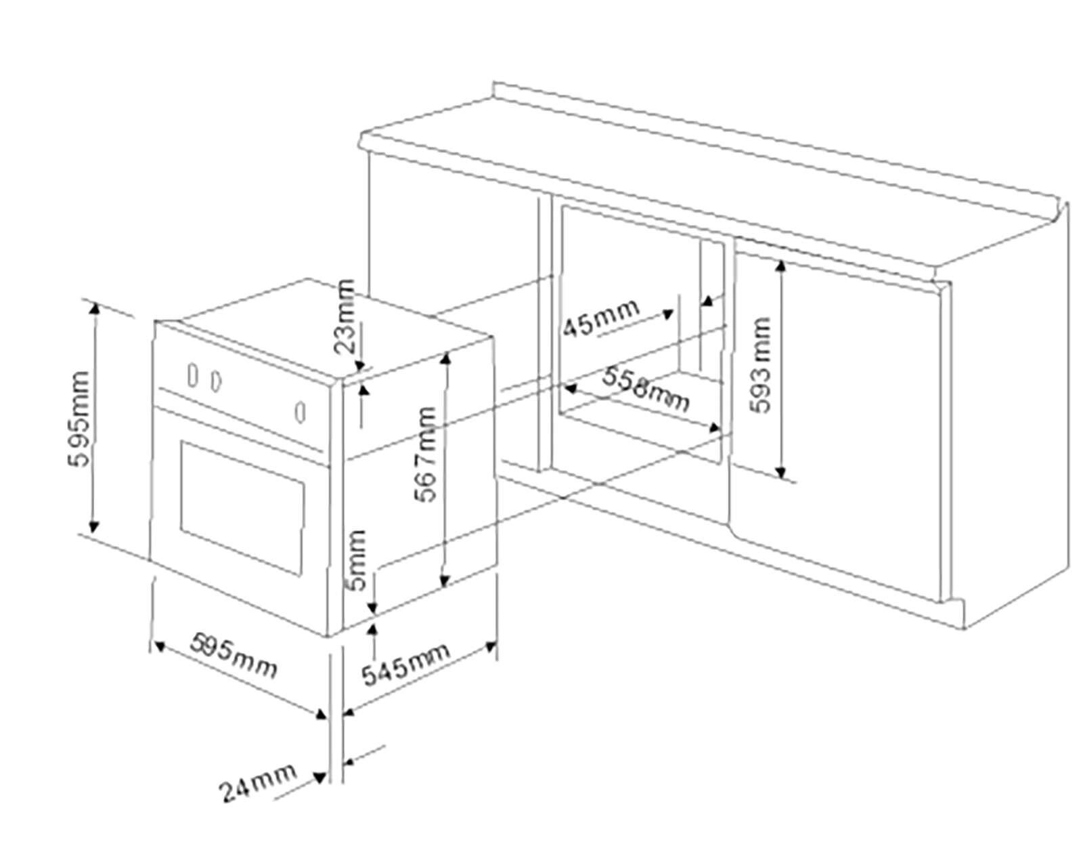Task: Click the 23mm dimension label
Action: coord(345,316)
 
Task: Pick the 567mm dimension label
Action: coord(426,453)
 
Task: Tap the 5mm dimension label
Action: coord(357,559)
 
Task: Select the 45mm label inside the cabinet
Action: coord(600,317)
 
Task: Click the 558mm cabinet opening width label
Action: coord(646,389)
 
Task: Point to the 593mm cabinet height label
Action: coord(761,364)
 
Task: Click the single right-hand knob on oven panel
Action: coord(301,412)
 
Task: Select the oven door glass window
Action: coord(241,507)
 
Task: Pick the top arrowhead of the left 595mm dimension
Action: coord(94,308)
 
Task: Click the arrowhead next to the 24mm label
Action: coord(319,778)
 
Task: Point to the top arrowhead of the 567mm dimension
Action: coord(445,357)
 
